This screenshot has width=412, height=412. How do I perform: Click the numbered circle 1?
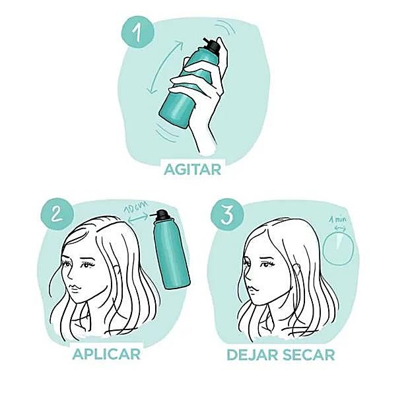tap(137, 32)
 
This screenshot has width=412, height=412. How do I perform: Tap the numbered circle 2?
tap(57, 213)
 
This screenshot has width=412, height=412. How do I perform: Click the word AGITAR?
tap(192, 170)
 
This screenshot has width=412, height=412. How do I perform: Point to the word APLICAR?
tap(106, 354)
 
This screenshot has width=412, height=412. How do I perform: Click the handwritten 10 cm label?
tap(135, 207)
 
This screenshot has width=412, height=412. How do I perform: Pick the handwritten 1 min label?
tap(338, 219)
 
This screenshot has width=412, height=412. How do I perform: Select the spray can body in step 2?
tap(172, 254)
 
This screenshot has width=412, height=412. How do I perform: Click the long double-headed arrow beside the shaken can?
tap(165, 68)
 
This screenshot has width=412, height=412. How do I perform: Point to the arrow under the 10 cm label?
tap(139, 218)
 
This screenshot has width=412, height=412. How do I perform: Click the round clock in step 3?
tap(338, 249)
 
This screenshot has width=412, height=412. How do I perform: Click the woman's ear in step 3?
tap(296, 271)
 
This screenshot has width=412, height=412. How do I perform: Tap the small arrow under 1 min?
tap(340, 228)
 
